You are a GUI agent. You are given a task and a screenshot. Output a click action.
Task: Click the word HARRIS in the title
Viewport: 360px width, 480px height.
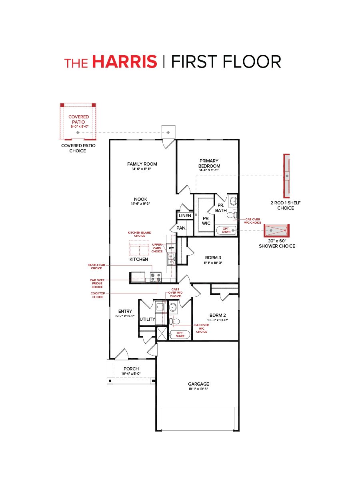pos(124,62)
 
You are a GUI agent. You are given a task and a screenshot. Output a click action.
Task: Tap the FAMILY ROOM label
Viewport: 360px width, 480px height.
pos(142,164)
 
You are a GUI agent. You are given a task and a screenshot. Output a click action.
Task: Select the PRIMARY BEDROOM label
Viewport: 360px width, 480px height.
pos(209,163)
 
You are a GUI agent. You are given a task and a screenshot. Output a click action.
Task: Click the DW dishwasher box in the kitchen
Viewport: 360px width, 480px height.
pos(171,248)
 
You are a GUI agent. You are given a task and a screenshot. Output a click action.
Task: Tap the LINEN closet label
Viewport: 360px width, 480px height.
pos(185,216)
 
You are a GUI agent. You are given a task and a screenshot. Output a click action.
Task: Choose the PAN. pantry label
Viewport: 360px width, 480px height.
pos(182,228)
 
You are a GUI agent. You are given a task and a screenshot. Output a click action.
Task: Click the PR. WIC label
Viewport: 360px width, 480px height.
pos(206,221)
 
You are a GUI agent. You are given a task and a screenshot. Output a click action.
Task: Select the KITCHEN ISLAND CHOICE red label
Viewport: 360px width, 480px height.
pos(140,234)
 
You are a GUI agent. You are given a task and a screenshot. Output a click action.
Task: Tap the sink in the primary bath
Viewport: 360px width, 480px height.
pos(233,200)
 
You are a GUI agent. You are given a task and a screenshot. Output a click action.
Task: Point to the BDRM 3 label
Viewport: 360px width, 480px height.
pos(213,258)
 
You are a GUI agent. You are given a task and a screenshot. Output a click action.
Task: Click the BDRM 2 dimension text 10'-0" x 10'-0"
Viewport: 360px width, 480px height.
pos(218,320)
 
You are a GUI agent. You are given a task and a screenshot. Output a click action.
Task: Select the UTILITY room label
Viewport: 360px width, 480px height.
pos(147,319)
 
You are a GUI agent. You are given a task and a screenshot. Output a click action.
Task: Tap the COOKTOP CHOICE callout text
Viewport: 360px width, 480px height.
pos(98,295)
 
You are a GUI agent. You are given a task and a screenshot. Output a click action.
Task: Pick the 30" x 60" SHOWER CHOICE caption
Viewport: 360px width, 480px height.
pos(277,243)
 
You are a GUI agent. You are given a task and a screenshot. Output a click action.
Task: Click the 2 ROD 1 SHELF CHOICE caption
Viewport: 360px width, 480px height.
pos(286,205)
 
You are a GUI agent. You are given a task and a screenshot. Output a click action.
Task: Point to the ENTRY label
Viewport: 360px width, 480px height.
pos(125,311)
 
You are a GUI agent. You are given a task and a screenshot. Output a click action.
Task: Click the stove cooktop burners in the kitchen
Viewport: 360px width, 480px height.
pos(156,277)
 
